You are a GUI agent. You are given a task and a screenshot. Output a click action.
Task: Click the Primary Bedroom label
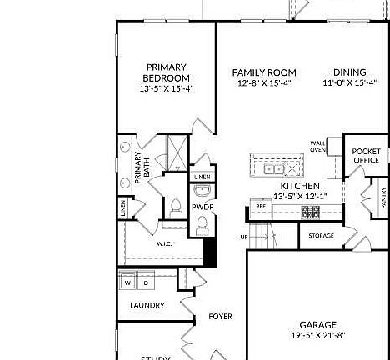click(x=167, y=72)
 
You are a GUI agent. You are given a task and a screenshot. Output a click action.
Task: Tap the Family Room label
click(x=264, y=72)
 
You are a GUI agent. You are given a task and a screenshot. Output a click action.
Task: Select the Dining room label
click(x=350, y=72)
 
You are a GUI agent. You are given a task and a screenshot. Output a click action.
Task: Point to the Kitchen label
click(x=300, y=186)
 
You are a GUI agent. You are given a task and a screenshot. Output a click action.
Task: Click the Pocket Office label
click(x=367, y=156)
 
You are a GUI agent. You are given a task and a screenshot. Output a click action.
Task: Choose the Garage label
click(x=318, y=325)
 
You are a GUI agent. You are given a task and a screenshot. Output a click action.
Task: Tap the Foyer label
click(x=220, y=317)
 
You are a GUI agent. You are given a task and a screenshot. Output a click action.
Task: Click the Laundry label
click(x=147, y=306)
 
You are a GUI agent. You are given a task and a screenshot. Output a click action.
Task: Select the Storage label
click(x=321, y=236)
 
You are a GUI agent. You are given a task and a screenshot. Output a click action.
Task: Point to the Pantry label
click(x=383, y=197)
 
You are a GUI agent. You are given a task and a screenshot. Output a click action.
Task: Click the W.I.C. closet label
click(x=165, y=244)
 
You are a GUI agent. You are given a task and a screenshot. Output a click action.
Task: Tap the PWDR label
click(x=202, y=206)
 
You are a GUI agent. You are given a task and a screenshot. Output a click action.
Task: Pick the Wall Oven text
click(x=317, y=146)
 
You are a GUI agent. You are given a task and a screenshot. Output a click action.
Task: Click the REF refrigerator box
click(x=261, y=206)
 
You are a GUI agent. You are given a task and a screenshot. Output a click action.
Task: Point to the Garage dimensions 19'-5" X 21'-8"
click(x=318, y=336)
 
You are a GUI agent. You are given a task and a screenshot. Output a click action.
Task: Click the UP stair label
click(x=244, y=237)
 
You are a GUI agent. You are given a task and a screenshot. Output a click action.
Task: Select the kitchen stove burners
click(x=311, y=212)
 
